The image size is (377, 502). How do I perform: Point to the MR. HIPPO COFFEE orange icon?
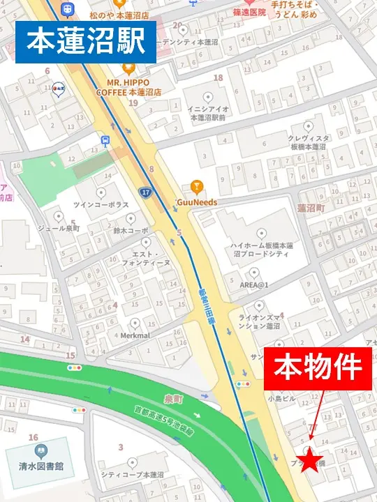click(128, 68)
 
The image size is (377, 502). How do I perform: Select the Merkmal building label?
click(135, 335)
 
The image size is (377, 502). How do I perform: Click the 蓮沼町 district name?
click(311, 208)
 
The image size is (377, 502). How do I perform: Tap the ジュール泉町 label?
click(58, 228)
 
